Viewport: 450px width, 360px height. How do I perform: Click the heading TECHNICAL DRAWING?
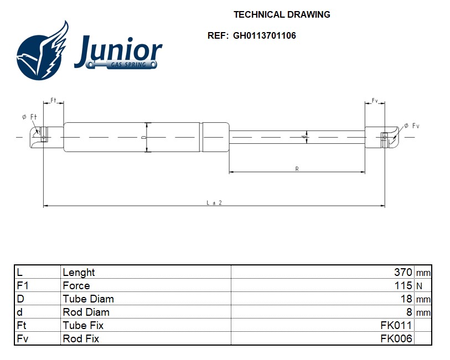coord(282,15)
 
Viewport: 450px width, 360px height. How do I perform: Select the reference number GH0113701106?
coord(265,36)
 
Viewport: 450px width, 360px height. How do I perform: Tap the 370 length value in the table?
coord(402,272)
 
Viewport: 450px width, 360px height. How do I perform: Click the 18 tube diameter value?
coord(406,299)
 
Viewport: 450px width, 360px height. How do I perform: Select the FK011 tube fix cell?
coord(396,325)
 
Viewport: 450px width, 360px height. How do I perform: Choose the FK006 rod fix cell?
coord(396,338)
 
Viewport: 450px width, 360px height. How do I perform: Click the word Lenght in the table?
coord(79,272)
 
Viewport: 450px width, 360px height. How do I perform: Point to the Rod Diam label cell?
coord(86,312)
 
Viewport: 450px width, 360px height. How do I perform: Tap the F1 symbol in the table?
coord(22,285)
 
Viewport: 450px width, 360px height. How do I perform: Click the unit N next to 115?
coord(419,286)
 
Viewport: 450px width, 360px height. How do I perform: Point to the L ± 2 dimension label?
coord(214,203)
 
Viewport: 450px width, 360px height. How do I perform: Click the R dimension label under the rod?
coord(297,169)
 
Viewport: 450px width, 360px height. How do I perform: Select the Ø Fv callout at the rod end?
coord(412,126)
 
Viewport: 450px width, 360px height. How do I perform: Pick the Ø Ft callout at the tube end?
coord(29,117)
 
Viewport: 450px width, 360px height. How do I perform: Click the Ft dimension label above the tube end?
coord(54,100)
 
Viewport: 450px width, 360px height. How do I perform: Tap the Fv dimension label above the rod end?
coord(375,101)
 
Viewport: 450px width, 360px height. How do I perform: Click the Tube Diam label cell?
coord(88,299)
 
